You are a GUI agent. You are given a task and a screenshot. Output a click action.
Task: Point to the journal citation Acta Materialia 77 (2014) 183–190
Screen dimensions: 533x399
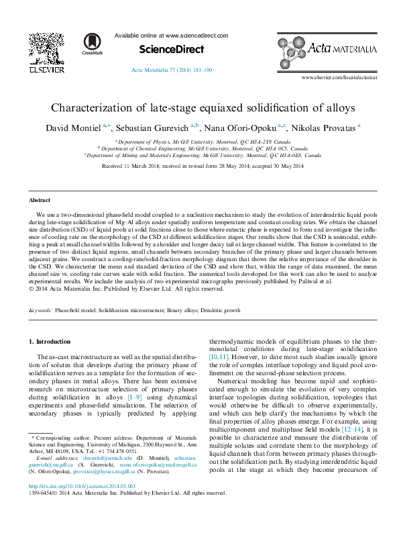[172, 70]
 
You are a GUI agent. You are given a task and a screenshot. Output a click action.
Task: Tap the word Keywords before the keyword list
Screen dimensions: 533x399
[41, 311]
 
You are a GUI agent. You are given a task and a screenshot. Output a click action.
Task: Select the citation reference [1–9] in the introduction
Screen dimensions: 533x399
[135, 398]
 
